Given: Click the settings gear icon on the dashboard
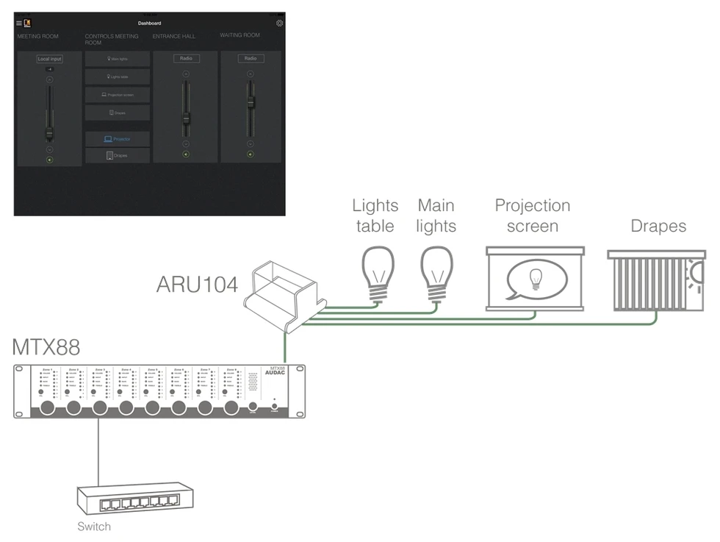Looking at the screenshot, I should coord(279,24).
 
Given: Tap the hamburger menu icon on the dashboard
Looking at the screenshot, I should coord(19,24).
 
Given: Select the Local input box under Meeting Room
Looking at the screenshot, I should coord(49,59).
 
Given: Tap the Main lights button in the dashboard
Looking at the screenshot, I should coord(118,58).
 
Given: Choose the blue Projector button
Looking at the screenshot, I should coord(118,139).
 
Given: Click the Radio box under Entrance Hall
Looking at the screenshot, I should coord(185,58).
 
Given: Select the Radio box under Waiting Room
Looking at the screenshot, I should coord(251,58).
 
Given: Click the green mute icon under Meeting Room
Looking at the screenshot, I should coord(49,160).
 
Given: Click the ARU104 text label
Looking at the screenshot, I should coord(197,284).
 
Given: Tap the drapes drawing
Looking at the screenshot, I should coord(656,280).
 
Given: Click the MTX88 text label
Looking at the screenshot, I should coord(46,346).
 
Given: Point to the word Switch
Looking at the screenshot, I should coord(94,527).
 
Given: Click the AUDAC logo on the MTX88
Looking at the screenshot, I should coord(277,374).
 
